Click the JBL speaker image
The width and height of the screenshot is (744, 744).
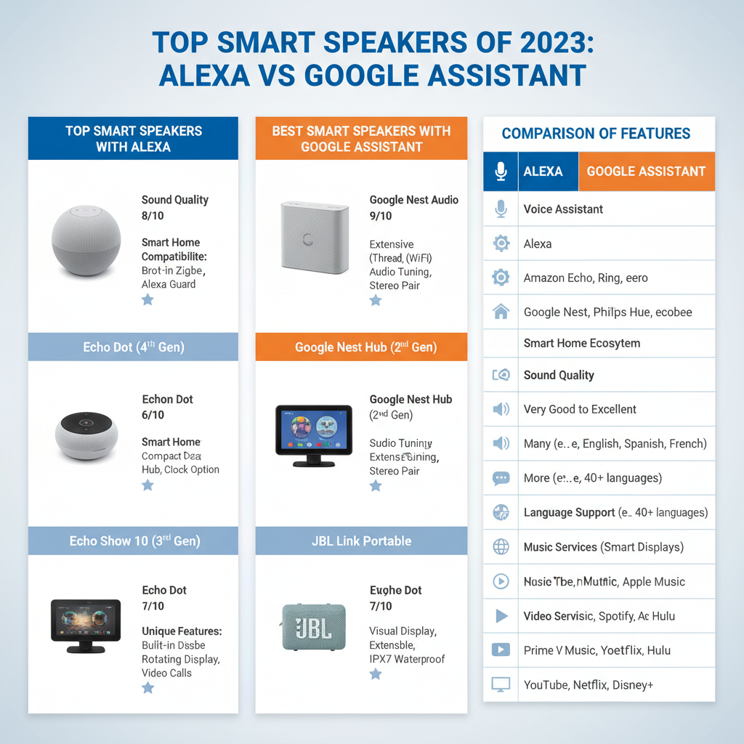(314, 626)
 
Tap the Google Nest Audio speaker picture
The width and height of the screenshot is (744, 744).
(314, 237)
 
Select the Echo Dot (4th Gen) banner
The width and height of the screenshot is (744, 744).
(133, 347)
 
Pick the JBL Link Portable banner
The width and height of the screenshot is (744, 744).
(362, 541)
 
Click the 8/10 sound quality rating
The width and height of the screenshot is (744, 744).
(153, 216)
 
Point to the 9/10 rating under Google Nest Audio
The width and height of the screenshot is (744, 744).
(381, 216)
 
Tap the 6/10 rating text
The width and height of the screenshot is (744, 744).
(153, 415)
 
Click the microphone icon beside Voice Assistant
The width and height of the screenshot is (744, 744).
(501, 209)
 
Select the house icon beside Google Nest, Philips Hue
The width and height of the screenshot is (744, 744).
(501, 312)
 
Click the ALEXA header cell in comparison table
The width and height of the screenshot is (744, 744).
(543, 171)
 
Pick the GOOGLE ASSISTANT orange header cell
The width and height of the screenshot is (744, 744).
(646, 171)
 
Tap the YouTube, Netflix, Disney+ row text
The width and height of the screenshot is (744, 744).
(589, 684)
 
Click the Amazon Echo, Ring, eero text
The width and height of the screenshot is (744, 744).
(586, 278)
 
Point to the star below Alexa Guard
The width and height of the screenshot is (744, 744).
(147, 299)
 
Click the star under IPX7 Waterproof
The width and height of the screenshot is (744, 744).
(376, 674)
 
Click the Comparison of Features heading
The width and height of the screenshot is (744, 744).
(596, 134)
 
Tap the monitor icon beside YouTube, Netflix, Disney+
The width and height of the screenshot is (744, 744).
(501, 684)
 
